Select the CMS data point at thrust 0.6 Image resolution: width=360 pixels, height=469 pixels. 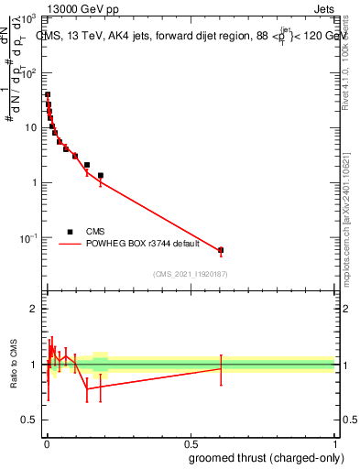click(221, 249)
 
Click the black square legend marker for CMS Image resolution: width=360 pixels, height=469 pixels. click(70, 232)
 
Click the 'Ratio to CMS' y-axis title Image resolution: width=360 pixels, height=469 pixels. click(14, 364)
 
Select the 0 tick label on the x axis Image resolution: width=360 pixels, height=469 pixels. click(46, 443)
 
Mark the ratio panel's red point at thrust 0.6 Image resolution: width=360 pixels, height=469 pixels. click(221, 368)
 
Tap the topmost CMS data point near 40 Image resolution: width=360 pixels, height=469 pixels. click(48, 94)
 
